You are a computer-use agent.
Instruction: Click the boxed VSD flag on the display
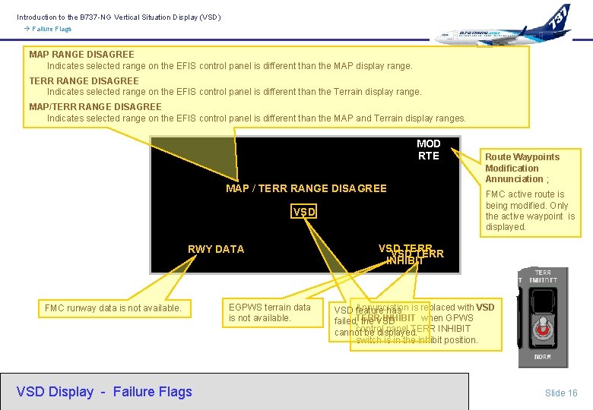pyautogui.click(x=304, y=212)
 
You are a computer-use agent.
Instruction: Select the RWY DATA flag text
pyautogui.click(x=216, y=249)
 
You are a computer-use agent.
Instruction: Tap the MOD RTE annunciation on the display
pyautogui.click(x=429, y=150)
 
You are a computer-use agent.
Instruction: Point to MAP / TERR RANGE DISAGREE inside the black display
pyautogui.click(x=306, y=188)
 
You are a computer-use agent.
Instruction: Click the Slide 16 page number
pyautogui.click(x=561, y=393)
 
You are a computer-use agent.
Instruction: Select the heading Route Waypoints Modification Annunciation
pyautogui.click(x=522, y=168)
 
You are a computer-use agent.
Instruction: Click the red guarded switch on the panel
pyautogui.click(x=543, y=329)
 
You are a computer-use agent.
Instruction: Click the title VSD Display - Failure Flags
pyautogui.click(x=104, y=392)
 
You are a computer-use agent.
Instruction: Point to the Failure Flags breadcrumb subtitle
pyautogui.click(x=52, y=29)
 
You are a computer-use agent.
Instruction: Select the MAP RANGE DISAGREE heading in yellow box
pyautogui.click(x=81, y=55)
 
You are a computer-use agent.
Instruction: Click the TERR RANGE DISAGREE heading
pyautogui.click(x=84, y=80)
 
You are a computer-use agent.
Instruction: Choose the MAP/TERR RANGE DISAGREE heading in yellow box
pyautogui.click(x=95, y=107)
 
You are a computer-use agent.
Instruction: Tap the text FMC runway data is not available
pyautogui.click(x=113, y=308)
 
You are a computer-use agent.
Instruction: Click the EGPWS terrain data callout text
pyautogui.click(x=270, y=312)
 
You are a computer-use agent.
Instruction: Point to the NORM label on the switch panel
pyautogui.click(x=543, y=357)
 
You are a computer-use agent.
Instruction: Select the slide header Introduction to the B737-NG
pyautogui.click(x=119, y=17)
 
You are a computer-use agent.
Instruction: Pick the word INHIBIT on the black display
pyautogui.click(x=405, y=260)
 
